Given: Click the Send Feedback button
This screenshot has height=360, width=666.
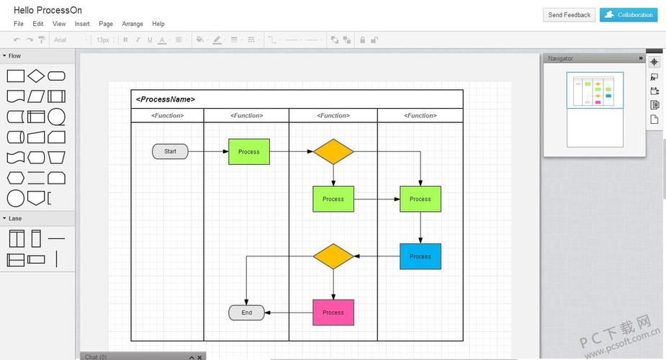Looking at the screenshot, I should tap(569, 14).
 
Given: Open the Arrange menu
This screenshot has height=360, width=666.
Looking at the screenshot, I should tap(132, 24).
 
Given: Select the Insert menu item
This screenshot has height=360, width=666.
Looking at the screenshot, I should tap(82, 24).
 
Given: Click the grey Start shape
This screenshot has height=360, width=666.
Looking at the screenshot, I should tap(170, 151).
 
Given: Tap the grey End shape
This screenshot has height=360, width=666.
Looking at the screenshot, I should tap(247, 312).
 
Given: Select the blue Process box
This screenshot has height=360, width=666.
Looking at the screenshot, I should tap(420, 256).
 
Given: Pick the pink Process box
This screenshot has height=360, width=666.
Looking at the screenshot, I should tap(333, 312).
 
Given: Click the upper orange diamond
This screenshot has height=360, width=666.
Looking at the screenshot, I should tap(333, 152).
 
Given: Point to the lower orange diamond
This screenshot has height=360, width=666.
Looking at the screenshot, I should tap(333, 256).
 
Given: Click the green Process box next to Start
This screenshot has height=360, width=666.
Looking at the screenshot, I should tap(249, 152).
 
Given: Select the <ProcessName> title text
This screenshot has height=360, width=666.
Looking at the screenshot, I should tap(166, 99).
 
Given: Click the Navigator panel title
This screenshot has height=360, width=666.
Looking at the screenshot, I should tap(561, 58).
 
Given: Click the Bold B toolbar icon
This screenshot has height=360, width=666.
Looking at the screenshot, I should tap(125, 40).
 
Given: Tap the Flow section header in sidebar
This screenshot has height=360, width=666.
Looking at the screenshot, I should tap(14, 55).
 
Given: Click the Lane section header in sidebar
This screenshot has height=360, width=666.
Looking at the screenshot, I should tap(15, 218).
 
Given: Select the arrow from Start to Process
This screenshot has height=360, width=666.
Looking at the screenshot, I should tap(208, 152).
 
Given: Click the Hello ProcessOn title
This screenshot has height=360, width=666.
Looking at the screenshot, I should tap(48, 10).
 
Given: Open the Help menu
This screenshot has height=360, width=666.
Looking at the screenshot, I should tap(158, 24).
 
